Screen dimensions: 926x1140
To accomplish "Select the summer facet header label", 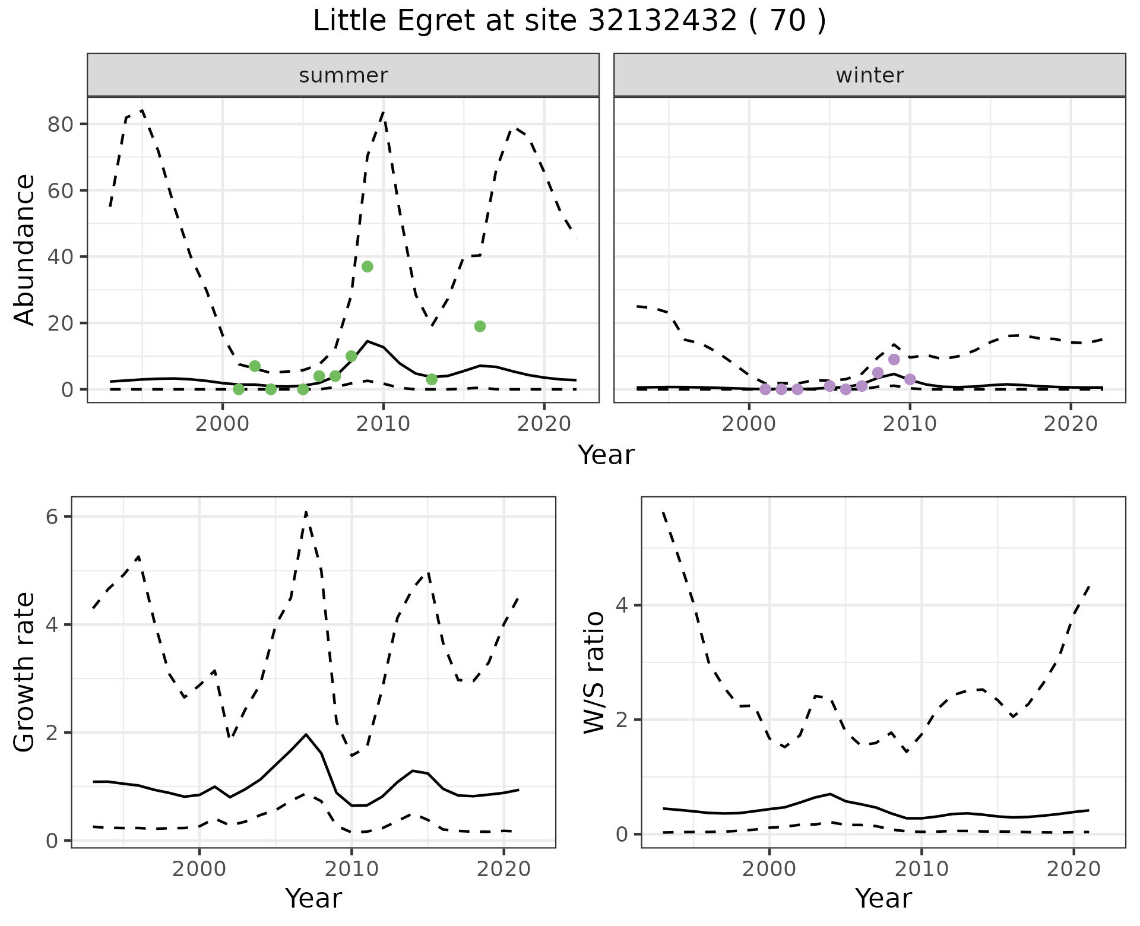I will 343,75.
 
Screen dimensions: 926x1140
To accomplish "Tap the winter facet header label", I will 869,75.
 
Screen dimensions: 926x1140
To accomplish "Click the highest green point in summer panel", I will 367,267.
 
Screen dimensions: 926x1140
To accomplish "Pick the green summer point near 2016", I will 480,326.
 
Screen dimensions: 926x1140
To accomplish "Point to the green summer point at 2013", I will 432,379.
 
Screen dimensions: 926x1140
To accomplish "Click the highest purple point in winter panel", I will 894,360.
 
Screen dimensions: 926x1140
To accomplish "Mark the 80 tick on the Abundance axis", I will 64,125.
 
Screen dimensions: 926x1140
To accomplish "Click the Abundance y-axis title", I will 25,250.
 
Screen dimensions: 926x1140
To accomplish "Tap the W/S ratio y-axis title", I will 594,673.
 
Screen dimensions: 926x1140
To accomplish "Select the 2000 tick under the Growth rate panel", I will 199,870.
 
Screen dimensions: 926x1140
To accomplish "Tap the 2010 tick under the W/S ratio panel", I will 921,870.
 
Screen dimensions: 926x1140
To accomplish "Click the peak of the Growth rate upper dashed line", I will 306,512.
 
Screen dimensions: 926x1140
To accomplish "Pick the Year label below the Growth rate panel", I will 313,899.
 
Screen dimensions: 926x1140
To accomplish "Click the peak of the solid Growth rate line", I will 306,734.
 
